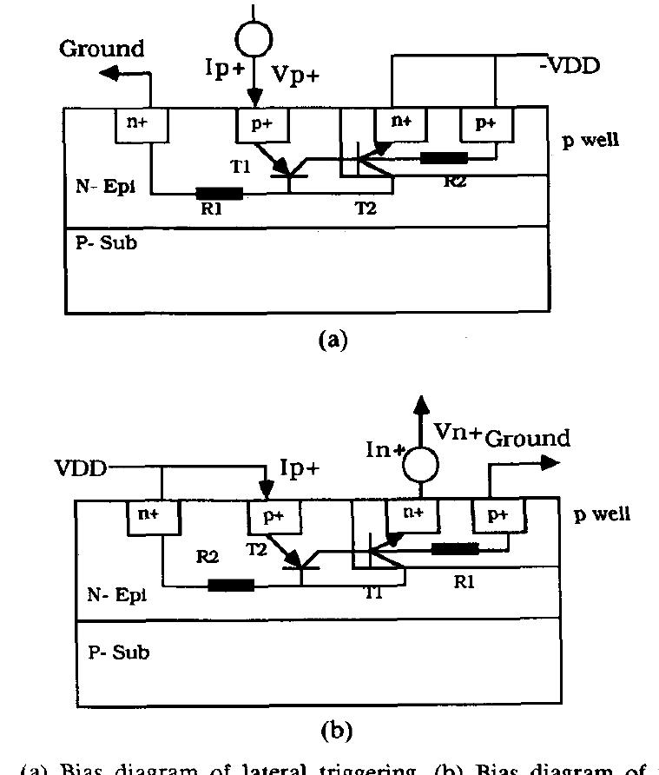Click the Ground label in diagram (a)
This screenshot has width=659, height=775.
pyautogui.click(x=102, y=49)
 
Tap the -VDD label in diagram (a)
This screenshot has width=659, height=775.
pyautogui.click(x=565, y=65)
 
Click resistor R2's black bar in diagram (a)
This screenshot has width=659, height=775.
pyautogui.click(x=443, y=158)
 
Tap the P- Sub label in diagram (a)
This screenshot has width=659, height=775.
pyautogui.click(x=106, y=243)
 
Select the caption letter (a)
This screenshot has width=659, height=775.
pyautogui.click(x=333, y=341)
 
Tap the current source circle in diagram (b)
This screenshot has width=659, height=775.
pyautogui.click(x=420, y=467)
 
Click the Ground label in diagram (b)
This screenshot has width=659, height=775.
pyautogui.click(x=527, y=437)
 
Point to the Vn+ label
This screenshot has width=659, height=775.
pyautogui.click(x=457, y=432)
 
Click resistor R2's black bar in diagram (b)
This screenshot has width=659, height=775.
pyautogui.click(x=231, y=585)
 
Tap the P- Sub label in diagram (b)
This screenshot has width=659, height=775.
pyautogui.click(x=119, y=652)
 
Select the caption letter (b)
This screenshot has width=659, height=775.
pyautogui.click(x=334, y=732)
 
